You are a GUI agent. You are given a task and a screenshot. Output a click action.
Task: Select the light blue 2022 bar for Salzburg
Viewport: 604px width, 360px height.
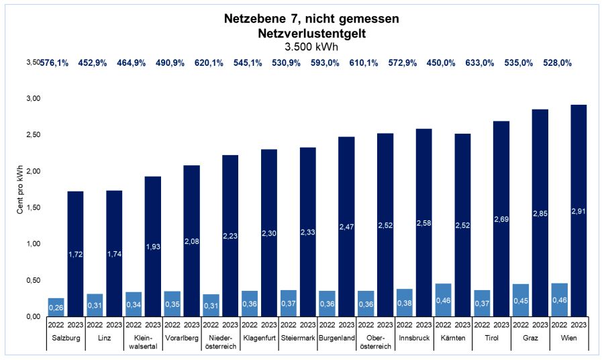click(x=56, y=307)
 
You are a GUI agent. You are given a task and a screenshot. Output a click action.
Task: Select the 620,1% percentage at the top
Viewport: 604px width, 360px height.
click(x=209, y=62)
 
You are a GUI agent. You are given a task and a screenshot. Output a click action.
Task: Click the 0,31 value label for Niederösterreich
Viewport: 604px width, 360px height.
click(x=211, y=306)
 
